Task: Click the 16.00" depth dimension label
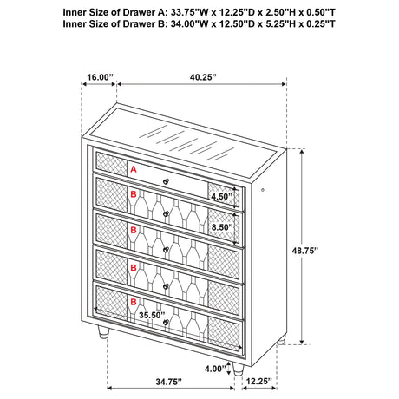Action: coord(100,77)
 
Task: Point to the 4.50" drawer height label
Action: coord(221,196)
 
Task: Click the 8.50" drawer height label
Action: coord(221,227)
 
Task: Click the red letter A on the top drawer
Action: coord(134,171)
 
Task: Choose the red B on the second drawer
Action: coord(133,197)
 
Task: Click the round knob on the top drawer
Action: coord(166,180)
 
